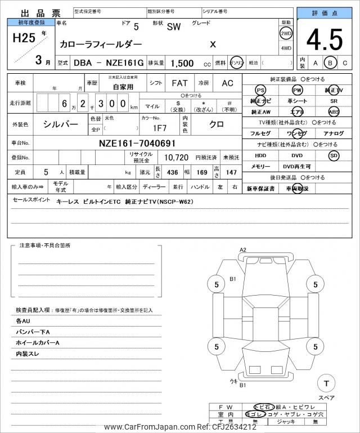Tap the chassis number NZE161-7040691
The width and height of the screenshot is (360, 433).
point(137,143)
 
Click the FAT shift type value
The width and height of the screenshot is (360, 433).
point(179,83)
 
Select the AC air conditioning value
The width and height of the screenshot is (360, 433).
point(227,83)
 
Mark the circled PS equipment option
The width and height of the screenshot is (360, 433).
point(260,90)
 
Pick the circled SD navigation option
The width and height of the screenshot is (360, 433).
point(334,155)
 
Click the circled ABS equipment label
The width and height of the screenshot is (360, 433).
point(334,111)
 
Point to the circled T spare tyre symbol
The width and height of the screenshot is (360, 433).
point(326,383)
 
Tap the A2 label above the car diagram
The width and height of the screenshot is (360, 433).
point(243,249)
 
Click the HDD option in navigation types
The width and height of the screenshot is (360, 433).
point(260,155)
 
